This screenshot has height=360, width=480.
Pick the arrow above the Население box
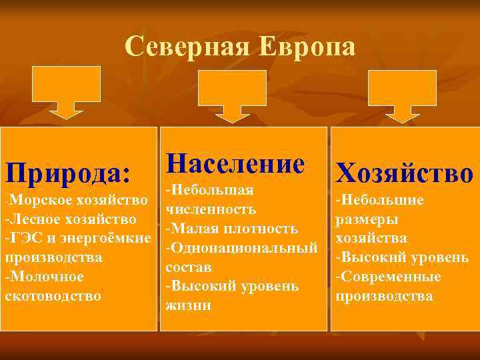pyautogui.click(x=232, y=97)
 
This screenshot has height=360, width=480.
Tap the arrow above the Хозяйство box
pyautogui.click(x=403, y=97)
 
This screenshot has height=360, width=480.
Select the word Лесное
pyautogui.click(x=39, y=219)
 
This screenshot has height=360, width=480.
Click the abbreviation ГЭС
pyautogui.click(x=25, y=238)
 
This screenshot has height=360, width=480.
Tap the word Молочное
pyautogui.click(x=47, y=276)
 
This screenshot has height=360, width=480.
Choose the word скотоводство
pyautogui.click(x=53, y=295)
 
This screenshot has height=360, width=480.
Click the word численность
pyautogui.click(x=211, y=209)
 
